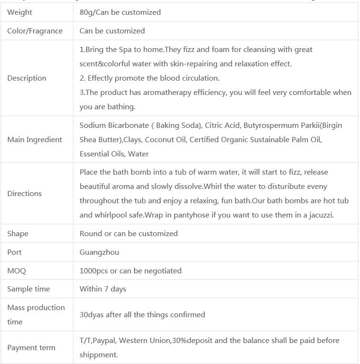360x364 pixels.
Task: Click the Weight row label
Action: click(x=20, y=12)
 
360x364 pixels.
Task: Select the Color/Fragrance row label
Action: click(x=35, y=31)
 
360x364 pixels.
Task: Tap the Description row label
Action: click(x=27, y=78)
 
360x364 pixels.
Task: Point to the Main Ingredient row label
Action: click(x=34, y=140)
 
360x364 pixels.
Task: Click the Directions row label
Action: click(x=24, y=194)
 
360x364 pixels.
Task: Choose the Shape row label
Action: click(x=18, y=234)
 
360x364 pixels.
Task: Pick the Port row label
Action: click(x=14, y=252)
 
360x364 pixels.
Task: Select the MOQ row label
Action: click(x=17, y=271)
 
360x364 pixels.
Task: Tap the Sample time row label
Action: click(x=29, y=289)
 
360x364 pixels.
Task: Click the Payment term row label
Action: click(x=32, y=348)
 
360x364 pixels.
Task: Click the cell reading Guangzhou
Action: click(x=99, y=252)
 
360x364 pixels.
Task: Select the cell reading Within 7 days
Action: click(x=103, y=289)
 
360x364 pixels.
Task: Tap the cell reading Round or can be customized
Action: click(x=128, y=234)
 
